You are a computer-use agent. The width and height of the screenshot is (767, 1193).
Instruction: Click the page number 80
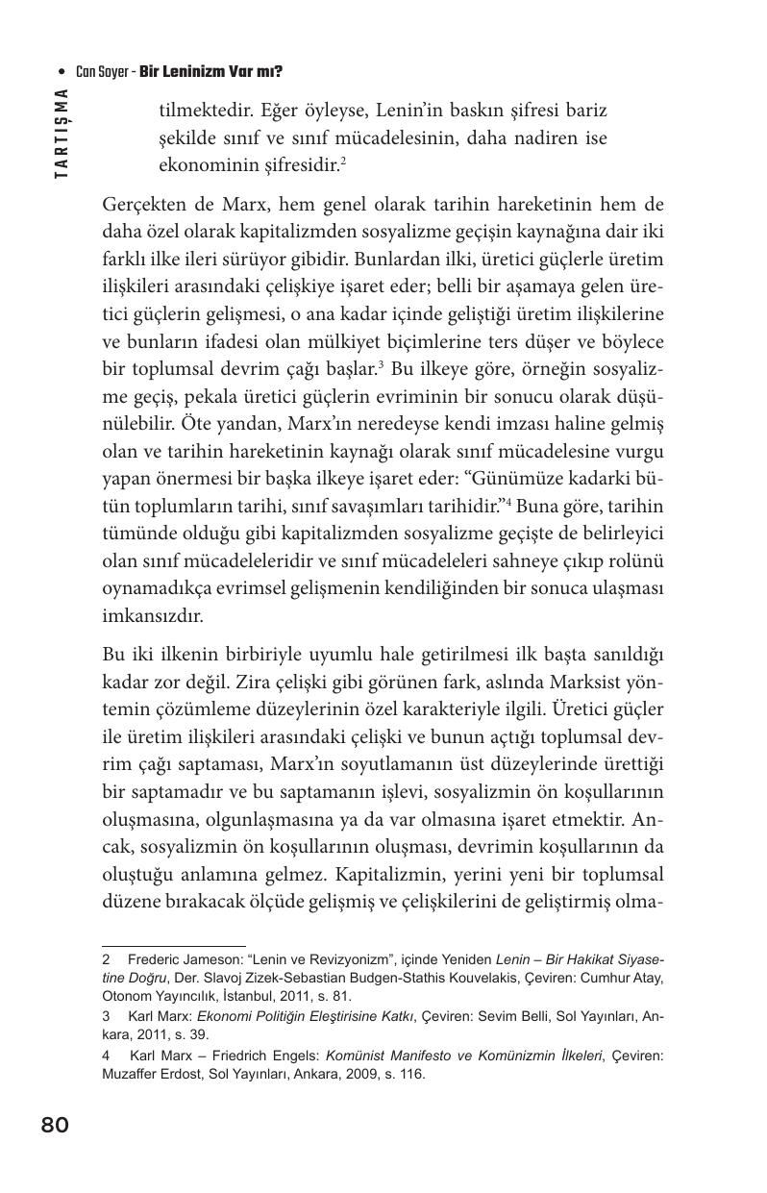(x=55, y=1125)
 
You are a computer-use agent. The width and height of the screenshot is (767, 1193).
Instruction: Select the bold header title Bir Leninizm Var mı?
(x=210, y=72)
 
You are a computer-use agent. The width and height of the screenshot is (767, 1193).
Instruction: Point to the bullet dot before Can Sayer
(x=62, y=72)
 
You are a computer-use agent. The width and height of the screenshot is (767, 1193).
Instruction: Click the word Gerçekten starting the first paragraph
(x=141, y=204)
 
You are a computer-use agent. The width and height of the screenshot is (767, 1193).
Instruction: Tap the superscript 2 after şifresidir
(x=343, y=160)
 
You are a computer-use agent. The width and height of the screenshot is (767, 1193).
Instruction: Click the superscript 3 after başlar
(x=382, y=364)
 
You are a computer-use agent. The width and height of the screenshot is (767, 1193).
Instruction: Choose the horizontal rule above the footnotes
(x=173, y=946)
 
